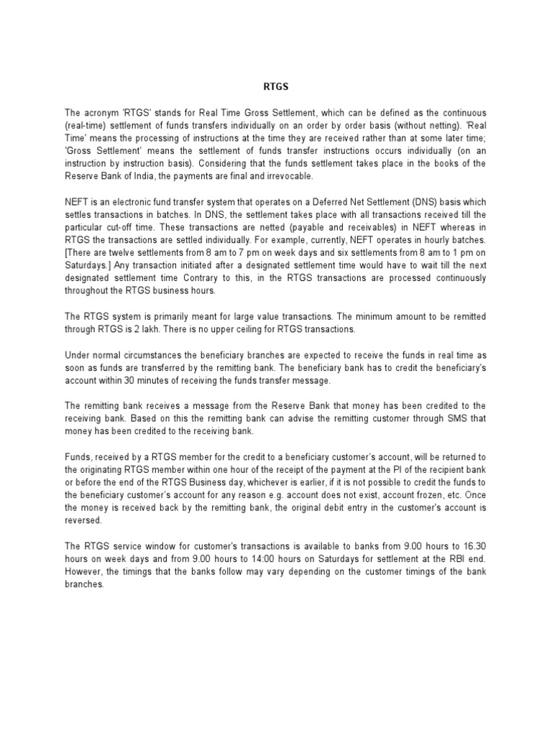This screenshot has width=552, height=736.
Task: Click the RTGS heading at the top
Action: tap(276, 88)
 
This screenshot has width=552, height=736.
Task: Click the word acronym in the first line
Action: tap(101, 114)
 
